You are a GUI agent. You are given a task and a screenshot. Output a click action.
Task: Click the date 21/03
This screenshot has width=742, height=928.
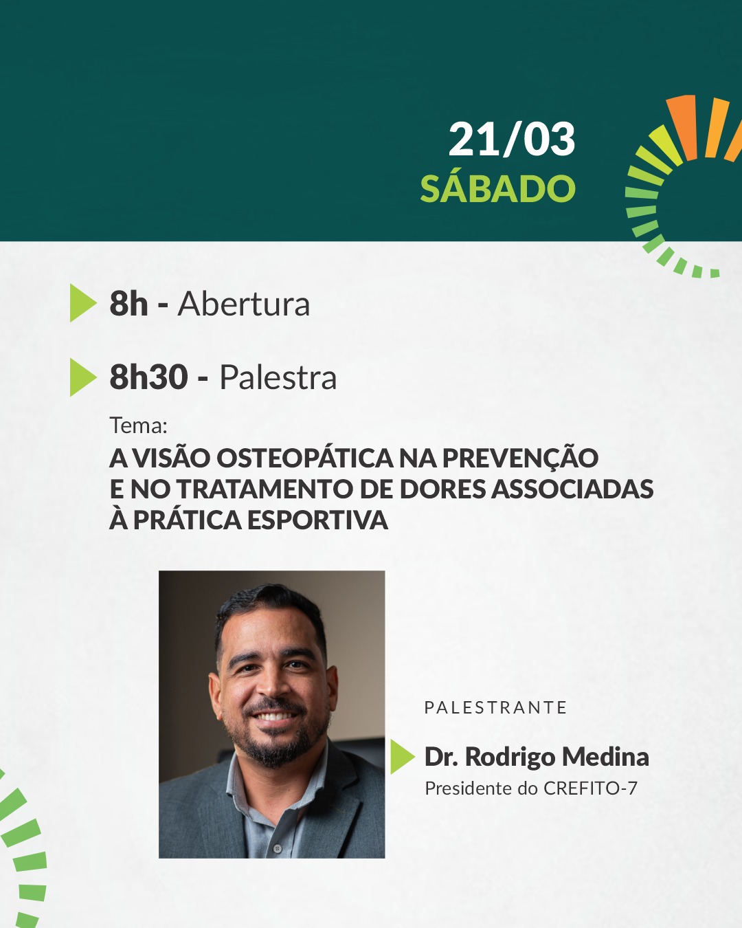512,140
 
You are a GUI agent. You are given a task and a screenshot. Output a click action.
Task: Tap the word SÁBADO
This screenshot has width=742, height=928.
498,188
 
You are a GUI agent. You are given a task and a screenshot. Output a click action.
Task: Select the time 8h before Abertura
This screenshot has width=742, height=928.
128,304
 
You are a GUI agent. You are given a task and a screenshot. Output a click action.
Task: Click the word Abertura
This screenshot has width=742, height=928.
244,304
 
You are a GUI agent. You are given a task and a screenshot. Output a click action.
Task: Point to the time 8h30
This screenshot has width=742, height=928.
149,377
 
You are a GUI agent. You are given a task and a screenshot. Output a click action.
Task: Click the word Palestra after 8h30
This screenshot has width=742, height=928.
278,377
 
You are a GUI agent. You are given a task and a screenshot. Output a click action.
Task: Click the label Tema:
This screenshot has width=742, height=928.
138,426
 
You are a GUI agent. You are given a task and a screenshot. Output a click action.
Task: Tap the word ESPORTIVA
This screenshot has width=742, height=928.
317,520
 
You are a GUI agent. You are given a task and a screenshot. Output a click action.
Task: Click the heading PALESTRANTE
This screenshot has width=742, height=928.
496,707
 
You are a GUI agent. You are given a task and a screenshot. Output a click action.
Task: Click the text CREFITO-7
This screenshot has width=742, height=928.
590,788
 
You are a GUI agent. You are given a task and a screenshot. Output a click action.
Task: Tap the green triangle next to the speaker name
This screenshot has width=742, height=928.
403,756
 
